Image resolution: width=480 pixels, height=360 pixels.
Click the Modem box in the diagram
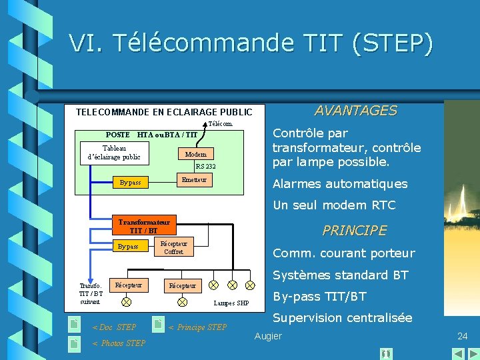[x=195, y=154]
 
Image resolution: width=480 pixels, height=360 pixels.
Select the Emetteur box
[x=194, y=180]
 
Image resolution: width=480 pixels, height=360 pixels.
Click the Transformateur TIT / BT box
[x=144, y=226]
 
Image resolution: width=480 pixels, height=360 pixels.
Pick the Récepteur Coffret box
[x=173, y=247]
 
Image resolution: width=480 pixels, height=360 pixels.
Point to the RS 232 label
[x=205, y=167]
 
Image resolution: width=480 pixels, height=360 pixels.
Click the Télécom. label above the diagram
[x=220, y=124]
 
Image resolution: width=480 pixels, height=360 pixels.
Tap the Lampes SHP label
[x=231, y=303]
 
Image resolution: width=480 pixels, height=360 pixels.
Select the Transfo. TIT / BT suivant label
[x=91, y=293]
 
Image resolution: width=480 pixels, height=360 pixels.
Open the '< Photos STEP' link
[x=118, y=343]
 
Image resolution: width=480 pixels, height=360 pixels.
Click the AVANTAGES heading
[x=355, y=111]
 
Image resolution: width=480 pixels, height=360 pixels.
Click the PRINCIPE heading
[x=354, y=231]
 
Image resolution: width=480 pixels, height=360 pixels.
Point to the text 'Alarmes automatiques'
[x=340, y=184]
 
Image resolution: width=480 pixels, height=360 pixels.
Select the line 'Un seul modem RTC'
[x=334, y=205]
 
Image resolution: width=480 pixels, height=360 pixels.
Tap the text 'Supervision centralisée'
[x=343, y=318]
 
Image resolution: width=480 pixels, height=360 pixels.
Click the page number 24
[x=462, y=336]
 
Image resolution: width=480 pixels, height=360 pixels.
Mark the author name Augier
[x=268, y=336]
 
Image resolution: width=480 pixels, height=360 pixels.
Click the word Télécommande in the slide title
[x=203, y=43]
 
